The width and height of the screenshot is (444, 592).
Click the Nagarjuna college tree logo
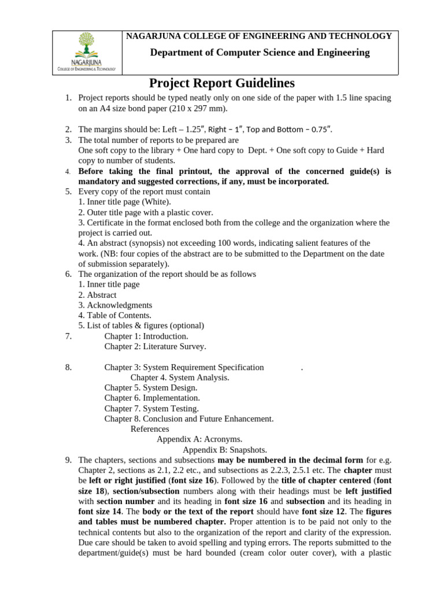pos(86,46)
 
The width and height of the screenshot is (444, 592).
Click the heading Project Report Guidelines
pos(222,83)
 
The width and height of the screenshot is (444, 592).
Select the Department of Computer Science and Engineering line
pos(260,53)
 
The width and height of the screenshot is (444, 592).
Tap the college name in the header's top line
pos(259,36)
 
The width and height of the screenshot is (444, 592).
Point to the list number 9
pos(68,460)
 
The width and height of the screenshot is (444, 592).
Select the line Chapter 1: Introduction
pos(146,336)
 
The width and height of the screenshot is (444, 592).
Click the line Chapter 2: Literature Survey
pos(155,346)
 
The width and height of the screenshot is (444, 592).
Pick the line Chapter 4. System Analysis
pos(180,378)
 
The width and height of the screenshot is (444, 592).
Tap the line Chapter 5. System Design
pos(150,387)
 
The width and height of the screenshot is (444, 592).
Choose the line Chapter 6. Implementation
pos(152,398)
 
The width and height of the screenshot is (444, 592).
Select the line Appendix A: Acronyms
pos(199,439)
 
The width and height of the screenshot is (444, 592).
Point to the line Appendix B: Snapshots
pos(225,450)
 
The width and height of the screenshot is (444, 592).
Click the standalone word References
pos(150,429)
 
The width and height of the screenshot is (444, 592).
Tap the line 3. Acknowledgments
pos(115,305)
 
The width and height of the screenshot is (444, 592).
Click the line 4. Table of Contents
pos(114,315)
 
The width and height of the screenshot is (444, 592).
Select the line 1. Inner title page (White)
pos(124,202)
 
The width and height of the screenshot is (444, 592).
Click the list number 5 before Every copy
pos(68,191)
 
